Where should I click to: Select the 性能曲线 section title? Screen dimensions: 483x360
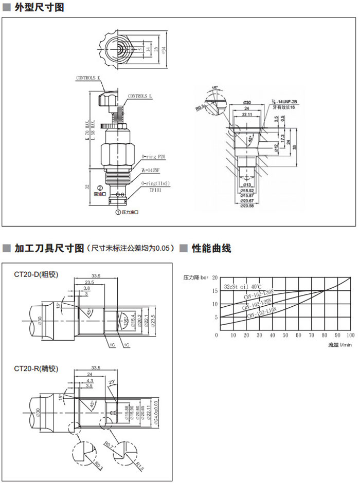coord(211,249)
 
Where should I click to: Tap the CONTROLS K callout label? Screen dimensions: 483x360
coord(88,78)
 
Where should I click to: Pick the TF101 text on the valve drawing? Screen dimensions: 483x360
coord(155,189)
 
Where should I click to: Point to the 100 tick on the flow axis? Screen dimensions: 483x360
coord(351,335)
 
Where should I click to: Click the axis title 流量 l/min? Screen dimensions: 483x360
coord(340,345)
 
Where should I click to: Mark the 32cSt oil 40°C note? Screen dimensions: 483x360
coord(243,286)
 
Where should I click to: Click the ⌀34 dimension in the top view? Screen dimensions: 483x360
coord(164,50)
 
